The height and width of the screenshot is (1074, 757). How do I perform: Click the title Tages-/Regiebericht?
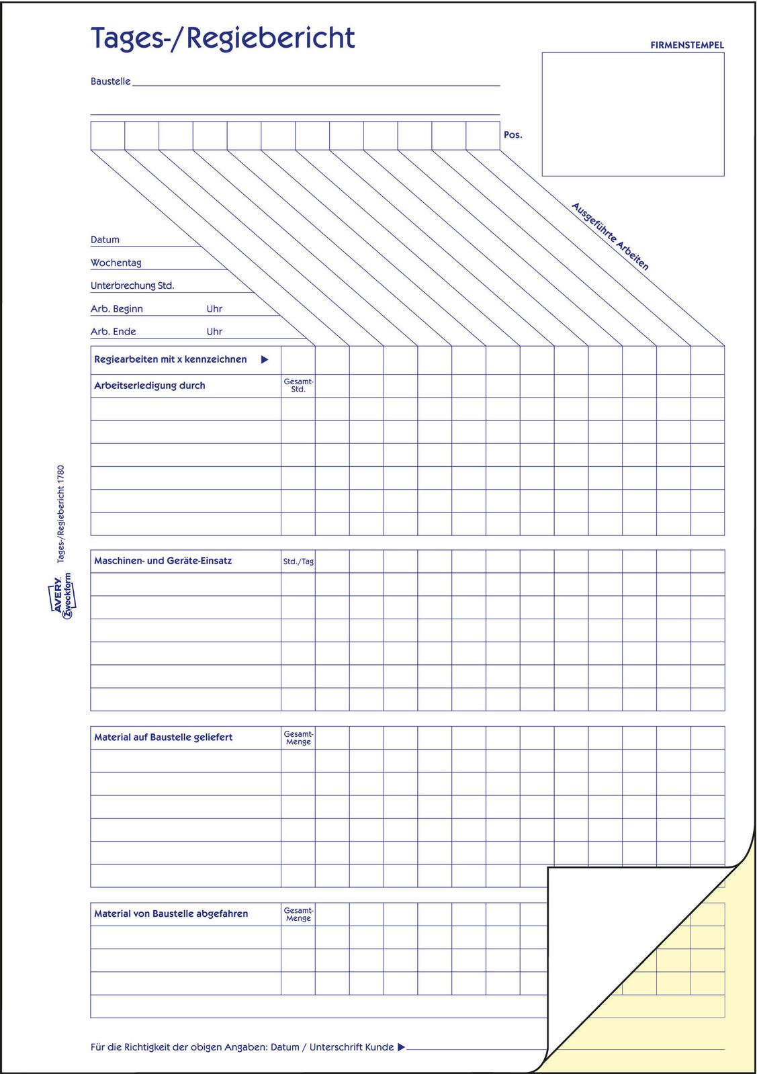point(222,39)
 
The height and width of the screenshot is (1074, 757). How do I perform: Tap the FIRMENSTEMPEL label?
point(686,46)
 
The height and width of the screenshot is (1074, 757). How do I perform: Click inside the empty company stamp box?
point(633,114)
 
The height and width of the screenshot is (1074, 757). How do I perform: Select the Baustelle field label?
point(110,81)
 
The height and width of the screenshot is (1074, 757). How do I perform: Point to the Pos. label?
point(513,135)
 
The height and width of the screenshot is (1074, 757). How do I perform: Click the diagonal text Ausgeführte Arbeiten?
point(610,236)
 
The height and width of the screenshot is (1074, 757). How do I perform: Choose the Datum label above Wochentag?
point(105,240)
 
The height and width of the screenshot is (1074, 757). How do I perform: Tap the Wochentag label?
point(116,263)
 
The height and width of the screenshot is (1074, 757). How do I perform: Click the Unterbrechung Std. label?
point(132,285)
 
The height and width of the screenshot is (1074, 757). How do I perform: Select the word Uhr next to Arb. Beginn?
point(214,309)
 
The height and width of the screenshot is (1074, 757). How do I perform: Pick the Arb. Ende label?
point(113,332)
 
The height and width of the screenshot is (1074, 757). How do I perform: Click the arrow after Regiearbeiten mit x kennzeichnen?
point(265,360)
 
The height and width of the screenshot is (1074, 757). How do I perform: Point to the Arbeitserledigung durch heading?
point(149,386)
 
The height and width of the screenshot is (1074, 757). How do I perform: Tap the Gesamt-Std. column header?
point(298,386)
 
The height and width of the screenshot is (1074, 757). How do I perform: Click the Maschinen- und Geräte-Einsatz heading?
point(163,561)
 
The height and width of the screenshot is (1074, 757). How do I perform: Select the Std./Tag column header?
point(298,562)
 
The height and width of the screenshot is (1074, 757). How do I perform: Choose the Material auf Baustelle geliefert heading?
point(163,737)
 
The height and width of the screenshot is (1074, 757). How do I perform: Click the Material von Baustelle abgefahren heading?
point(171,914)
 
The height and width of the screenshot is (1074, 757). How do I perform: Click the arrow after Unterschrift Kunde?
point(401,1047)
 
